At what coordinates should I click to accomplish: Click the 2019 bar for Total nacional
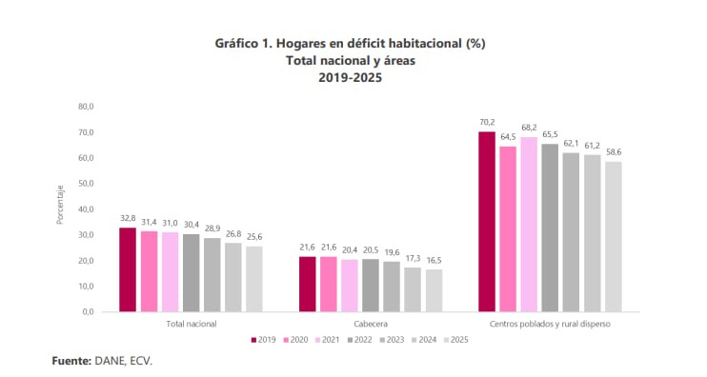(128, 269)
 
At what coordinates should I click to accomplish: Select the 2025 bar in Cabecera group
(434, 290)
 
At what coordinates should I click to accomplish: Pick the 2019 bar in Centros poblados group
(487, 221)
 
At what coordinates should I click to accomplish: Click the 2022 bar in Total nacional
(191, 272)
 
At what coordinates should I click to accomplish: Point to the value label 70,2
(487, 123)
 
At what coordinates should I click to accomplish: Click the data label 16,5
(434, 261)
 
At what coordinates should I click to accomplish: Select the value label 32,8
(128, 219)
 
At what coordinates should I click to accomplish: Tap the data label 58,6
(613, 152)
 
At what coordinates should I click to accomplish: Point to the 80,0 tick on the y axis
(87, 106)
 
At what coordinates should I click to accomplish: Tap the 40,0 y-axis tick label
(87, 208)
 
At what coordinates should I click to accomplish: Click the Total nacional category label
(191, 324)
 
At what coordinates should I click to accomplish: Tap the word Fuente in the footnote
(71, 361)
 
